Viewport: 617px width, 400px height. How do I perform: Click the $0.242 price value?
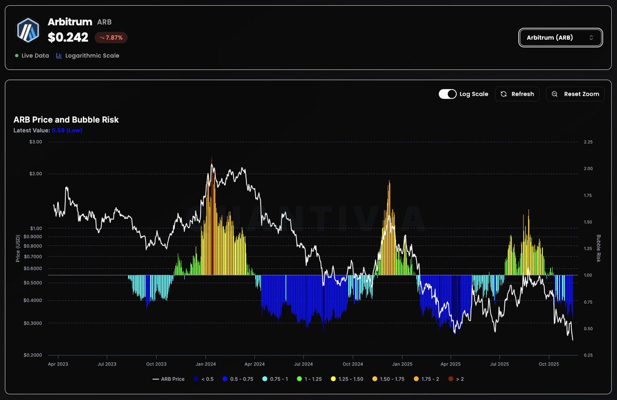68,38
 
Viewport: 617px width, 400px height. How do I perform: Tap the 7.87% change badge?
112,38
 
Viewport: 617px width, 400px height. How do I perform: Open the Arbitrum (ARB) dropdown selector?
560,38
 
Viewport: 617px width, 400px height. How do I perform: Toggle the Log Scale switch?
447,94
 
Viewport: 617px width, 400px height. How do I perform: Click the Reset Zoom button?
575,94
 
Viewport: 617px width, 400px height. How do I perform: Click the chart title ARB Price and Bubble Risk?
66,120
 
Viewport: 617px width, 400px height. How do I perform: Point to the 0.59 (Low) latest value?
67,130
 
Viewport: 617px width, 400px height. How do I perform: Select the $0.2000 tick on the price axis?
33,355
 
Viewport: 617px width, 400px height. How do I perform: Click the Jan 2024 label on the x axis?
205,364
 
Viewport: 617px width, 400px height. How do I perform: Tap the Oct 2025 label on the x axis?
549,364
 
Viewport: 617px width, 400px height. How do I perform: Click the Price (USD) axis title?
17,248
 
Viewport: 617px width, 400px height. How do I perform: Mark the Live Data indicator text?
35,56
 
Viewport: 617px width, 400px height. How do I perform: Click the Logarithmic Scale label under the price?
92,56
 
